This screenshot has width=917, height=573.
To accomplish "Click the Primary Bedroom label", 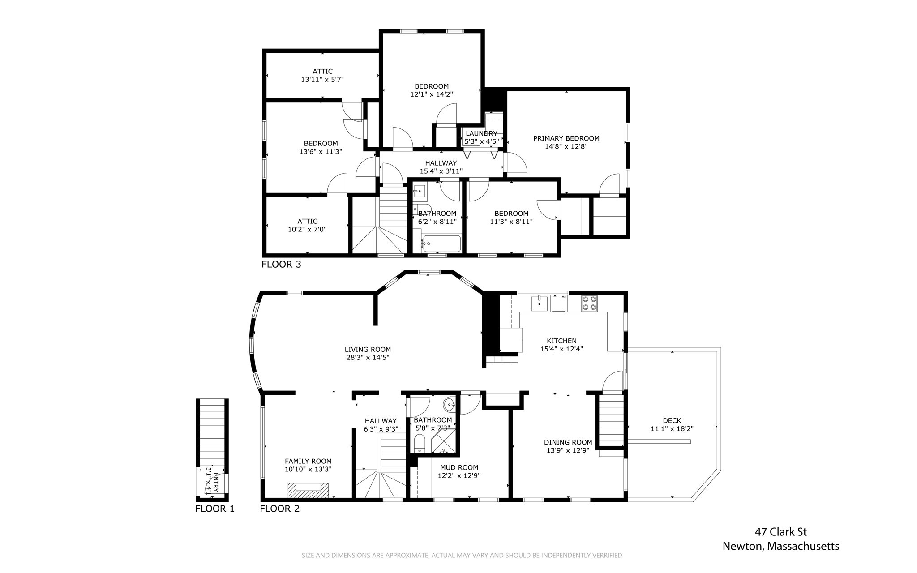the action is (x=566, y=138).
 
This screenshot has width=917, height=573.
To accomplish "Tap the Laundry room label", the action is (x=481, y=133).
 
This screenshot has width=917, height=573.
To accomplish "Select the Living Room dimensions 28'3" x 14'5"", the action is (x=368, y=358).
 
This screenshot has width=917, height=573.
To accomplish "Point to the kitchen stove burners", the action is (x=589, y=303).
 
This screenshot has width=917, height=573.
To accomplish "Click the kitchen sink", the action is (x=540, y=303).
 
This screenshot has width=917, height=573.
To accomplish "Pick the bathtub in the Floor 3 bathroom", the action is (x=441, y=244).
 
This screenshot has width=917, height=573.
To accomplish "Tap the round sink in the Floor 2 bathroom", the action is (x=449, y=405).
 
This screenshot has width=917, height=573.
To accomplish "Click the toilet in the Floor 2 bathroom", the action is (x=420, y=444).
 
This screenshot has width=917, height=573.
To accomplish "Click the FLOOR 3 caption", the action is (x=281, y=264).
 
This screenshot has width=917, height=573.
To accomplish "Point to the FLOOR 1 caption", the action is (x=215, y=509).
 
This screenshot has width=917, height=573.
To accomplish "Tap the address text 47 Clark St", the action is (x=781, y=532).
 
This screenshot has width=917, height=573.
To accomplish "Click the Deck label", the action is (x=672, y=420).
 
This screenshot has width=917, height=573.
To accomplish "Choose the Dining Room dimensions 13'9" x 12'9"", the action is (x=568, y=450).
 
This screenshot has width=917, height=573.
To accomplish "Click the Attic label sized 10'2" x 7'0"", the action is (x=307, y=221).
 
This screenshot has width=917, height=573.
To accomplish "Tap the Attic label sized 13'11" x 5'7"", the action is (x=322, y=71).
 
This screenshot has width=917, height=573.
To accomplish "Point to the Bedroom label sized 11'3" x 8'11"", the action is (x=511, y=214).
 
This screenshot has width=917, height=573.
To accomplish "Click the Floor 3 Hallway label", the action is (x=441, y=163).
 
